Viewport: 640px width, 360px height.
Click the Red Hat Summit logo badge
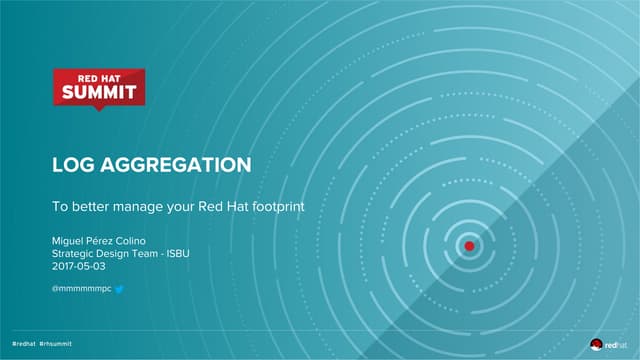click(98, 88)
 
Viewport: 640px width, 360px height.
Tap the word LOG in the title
click(72, 165)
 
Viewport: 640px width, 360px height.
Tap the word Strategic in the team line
click(73, 254)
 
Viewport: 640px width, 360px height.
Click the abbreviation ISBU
click(176, 254)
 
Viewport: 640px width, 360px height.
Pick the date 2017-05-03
click(78, 267)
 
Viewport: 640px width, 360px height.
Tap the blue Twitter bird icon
click(119, 289)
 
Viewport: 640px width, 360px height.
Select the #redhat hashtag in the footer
click(23, 343)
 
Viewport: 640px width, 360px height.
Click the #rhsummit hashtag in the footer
click(56, 343)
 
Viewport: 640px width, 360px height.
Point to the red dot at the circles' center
click(468, 244)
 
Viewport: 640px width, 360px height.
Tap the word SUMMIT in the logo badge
click(98, 93)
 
